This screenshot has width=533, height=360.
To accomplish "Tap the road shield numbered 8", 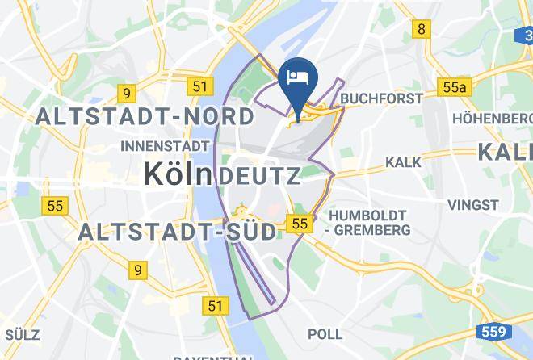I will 421,30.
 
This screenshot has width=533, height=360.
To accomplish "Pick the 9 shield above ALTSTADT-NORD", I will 125,93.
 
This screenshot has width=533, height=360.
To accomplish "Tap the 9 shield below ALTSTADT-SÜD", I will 139,270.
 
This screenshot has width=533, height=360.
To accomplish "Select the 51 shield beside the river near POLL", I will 215,305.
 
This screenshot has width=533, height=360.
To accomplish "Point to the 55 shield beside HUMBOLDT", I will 300,224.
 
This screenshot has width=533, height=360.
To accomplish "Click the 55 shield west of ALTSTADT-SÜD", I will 54,206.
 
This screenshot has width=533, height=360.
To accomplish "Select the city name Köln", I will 178,174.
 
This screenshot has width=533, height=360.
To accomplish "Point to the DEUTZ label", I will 259,175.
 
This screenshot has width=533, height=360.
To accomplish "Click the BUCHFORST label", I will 382,98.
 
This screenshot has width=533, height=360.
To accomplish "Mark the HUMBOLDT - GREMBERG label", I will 367,222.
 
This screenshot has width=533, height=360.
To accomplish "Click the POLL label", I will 325,333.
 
